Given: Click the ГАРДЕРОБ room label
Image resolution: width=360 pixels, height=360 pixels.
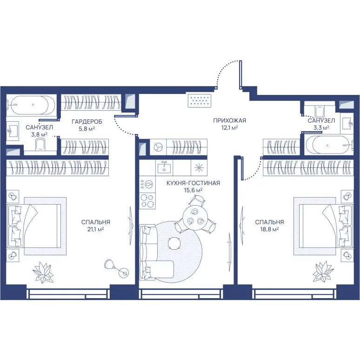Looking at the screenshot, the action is click(x=87, y=121).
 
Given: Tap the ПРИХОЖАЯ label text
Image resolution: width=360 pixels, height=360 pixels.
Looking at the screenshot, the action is click(x=229, y=120).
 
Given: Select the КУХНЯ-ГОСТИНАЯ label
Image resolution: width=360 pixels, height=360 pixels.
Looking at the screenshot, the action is click(x=193, y=183).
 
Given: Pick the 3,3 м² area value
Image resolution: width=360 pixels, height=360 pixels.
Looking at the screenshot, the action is click(x=321, y=127).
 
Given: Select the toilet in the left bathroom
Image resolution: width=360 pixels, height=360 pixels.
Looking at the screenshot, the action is click(x=40, y=145).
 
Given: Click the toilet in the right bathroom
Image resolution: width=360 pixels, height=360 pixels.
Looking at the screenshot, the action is click(x=320, y=111).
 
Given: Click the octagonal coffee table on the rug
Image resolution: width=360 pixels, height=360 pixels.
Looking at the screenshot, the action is click(x=174, y=243).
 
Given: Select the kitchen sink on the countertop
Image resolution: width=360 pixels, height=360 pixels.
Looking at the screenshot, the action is click(x=164, y=167).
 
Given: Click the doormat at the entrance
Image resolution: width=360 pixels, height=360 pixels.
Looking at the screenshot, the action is click(x=199, y=100).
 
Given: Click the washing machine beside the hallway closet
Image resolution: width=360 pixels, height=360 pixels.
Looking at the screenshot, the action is click(x=158, y=147).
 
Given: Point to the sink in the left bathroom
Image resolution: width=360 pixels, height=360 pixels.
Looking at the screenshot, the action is click(x=13, y=131).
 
